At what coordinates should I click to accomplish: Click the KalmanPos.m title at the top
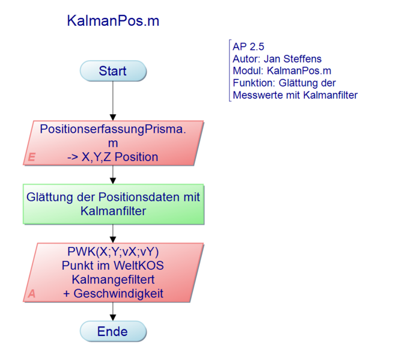113,21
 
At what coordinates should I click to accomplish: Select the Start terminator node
113,71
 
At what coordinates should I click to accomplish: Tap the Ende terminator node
113,331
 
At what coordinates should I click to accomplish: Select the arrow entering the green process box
113,174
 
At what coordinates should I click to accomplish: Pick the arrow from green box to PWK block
113,233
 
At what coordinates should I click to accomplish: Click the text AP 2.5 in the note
248,46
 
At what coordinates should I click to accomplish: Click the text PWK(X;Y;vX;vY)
113,251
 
